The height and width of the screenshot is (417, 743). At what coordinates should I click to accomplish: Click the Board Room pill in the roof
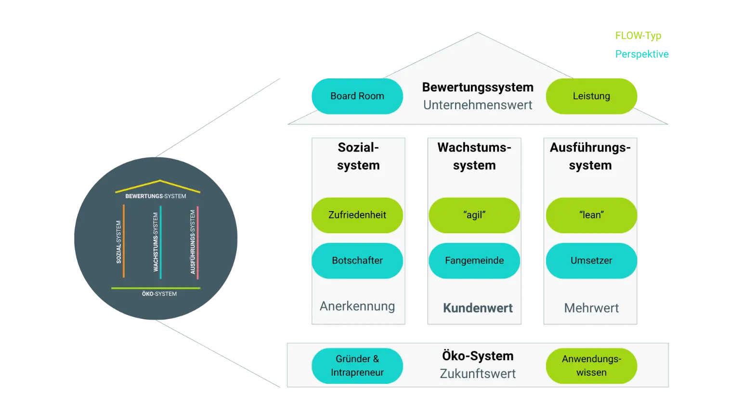pyautogui.click(x=357, y=96)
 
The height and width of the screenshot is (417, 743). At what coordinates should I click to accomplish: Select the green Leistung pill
pyautogui.click(x=591, y=96)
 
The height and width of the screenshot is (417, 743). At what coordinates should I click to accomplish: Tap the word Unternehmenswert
pyautogui.click(x=478, y=105)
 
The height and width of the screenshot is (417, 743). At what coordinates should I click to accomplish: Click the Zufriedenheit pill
pyautogui.click(x=357, y=215)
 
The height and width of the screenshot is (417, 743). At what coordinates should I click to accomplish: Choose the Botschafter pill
pyautogui.click(x=357, y=261)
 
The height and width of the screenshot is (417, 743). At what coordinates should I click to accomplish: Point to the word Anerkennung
pyautogui.click(x=357, y=306)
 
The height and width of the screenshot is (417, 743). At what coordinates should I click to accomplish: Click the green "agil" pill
pyautogui.click(x=474, y=215)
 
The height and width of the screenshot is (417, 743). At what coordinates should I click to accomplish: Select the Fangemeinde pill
pyautogui.click(x=474, y=261)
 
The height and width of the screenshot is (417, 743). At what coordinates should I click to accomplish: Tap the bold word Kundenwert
pyautogui.click(x=478, y=308)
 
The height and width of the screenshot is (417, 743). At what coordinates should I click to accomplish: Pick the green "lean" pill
pyautogui.click(x=591, y=215)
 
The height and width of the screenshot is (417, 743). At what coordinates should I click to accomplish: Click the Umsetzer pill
pyautogui.click(x=591, y=261)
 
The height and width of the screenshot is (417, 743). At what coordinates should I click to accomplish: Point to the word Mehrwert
pyautogui.click(x=591, y=308)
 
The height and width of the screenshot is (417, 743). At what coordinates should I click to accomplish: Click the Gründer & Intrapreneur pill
pyautogui.click(x=357, y=366)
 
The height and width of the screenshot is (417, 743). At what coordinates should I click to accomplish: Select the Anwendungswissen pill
pyautogui.click(x=591, y=366)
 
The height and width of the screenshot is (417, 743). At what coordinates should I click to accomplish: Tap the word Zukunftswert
pyautogui.click(x=478, y=374)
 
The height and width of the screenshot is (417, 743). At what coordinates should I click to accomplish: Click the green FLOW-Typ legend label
pyautogui.click(x=638, y=36)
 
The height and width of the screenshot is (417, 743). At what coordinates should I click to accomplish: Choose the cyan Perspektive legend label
pyautogui.click(x=641, y=54)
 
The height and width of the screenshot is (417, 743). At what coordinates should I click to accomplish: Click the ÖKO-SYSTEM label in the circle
pyautogui.click(x=159, y=294)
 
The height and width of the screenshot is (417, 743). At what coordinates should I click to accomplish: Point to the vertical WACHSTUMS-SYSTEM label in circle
pyautogui.click(x=156, y=242)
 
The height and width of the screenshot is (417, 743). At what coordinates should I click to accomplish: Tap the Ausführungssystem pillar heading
pyautogui.click(x=590, y=156)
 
